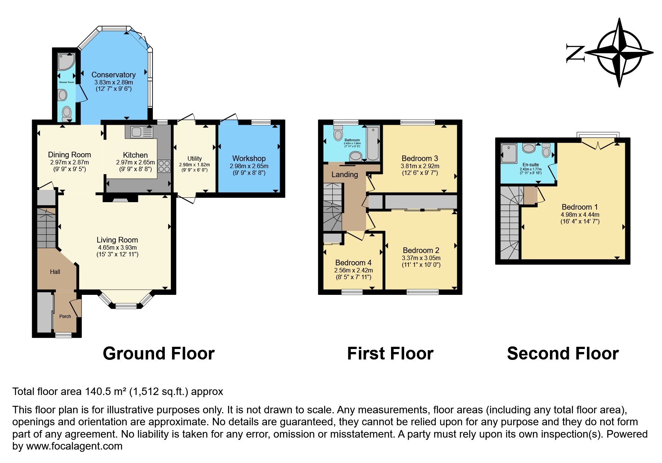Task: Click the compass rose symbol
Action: coord(620,52)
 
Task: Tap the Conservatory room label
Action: coord(113,75)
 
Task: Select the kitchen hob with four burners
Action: coord(164,166)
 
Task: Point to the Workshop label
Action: coord(249,158)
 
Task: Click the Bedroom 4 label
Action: coord(353,263)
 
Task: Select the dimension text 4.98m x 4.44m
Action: coord(580,214)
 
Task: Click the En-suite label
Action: coord(530,165)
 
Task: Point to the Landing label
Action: coord(345,175)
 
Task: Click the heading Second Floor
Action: coord(563,354)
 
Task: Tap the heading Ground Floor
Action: coord(158,354)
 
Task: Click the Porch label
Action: coord(65,316)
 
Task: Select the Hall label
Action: coord(55,272)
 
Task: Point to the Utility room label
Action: coord(194,158)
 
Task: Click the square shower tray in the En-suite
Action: coord(509,153)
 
